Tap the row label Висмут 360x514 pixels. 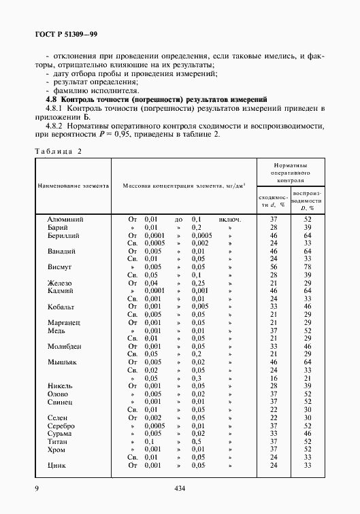[60, 268]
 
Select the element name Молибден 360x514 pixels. [65, 345]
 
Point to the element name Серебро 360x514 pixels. [63, 425]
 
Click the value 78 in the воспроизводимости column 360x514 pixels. [307, 268]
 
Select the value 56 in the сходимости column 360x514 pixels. [274, 268]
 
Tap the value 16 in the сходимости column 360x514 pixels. [274, 377]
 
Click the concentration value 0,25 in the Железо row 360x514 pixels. [197, 284]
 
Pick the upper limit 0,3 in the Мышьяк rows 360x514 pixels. [196, 378]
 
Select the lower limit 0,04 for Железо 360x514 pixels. [152, 284]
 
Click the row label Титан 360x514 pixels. [59, 441]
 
